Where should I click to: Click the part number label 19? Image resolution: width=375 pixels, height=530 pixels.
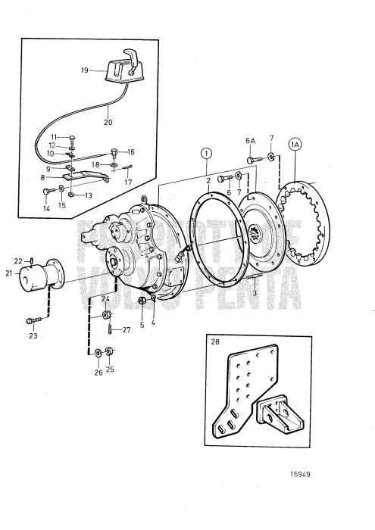point(85,70)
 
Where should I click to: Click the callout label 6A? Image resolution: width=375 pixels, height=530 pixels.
point(250,141)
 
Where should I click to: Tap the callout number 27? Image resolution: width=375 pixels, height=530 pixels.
point(127,329)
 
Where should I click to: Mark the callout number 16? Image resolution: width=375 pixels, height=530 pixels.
point(130,151)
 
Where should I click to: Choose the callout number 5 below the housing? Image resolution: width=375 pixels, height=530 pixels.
point(141,326)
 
